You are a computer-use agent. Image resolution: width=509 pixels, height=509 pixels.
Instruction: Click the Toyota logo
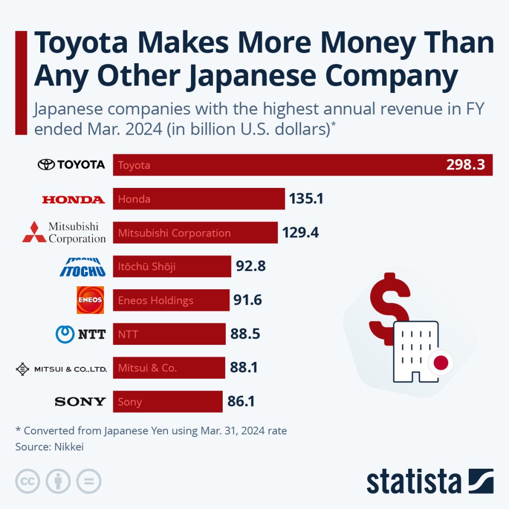pos(72,165)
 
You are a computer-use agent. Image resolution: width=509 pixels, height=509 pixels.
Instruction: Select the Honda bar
pos(199,199)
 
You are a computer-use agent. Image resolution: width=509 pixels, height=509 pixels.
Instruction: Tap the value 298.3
pos(465,165)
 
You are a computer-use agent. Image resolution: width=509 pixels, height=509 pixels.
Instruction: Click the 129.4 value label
pos(300,233)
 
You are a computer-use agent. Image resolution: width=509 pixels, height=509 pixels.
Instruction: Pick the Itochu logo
pos(83,267)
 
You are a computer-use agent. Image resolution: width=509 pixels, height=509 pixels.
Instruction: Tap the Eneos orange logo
pos(90,300)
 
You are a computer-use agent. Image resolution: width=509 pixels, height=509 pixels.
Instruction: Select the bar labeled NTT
pos(169,334)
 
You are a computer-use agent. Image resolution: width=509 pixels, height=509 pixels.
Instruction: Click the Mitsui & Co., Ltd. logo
pos(62,369)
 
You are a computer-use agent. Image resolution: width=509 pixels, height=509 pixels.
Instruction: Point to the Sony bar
pos(168,402)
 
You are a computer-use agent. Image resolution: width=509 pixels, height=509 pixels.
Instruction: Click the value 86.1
pos(241,402)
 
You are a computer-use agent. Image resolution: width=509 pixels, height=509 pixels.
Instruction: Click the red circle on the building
pos(441,362)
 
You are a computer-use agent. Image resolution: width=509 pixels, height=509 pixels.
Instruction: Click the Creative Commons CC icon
pos(28,481)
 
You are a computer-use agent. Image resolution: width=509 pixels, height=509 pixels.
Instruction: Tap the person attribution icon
pos(58,481)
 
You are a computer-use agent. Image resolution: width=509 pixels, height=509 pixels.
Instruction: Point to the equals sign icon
pos(88,481)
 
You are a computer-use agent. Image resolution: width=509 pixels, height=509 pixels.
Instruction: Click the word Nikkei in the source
pos(68,446)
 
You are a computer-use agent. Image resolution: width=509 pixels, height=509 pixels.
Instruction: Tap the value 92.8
pos(251,266)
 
